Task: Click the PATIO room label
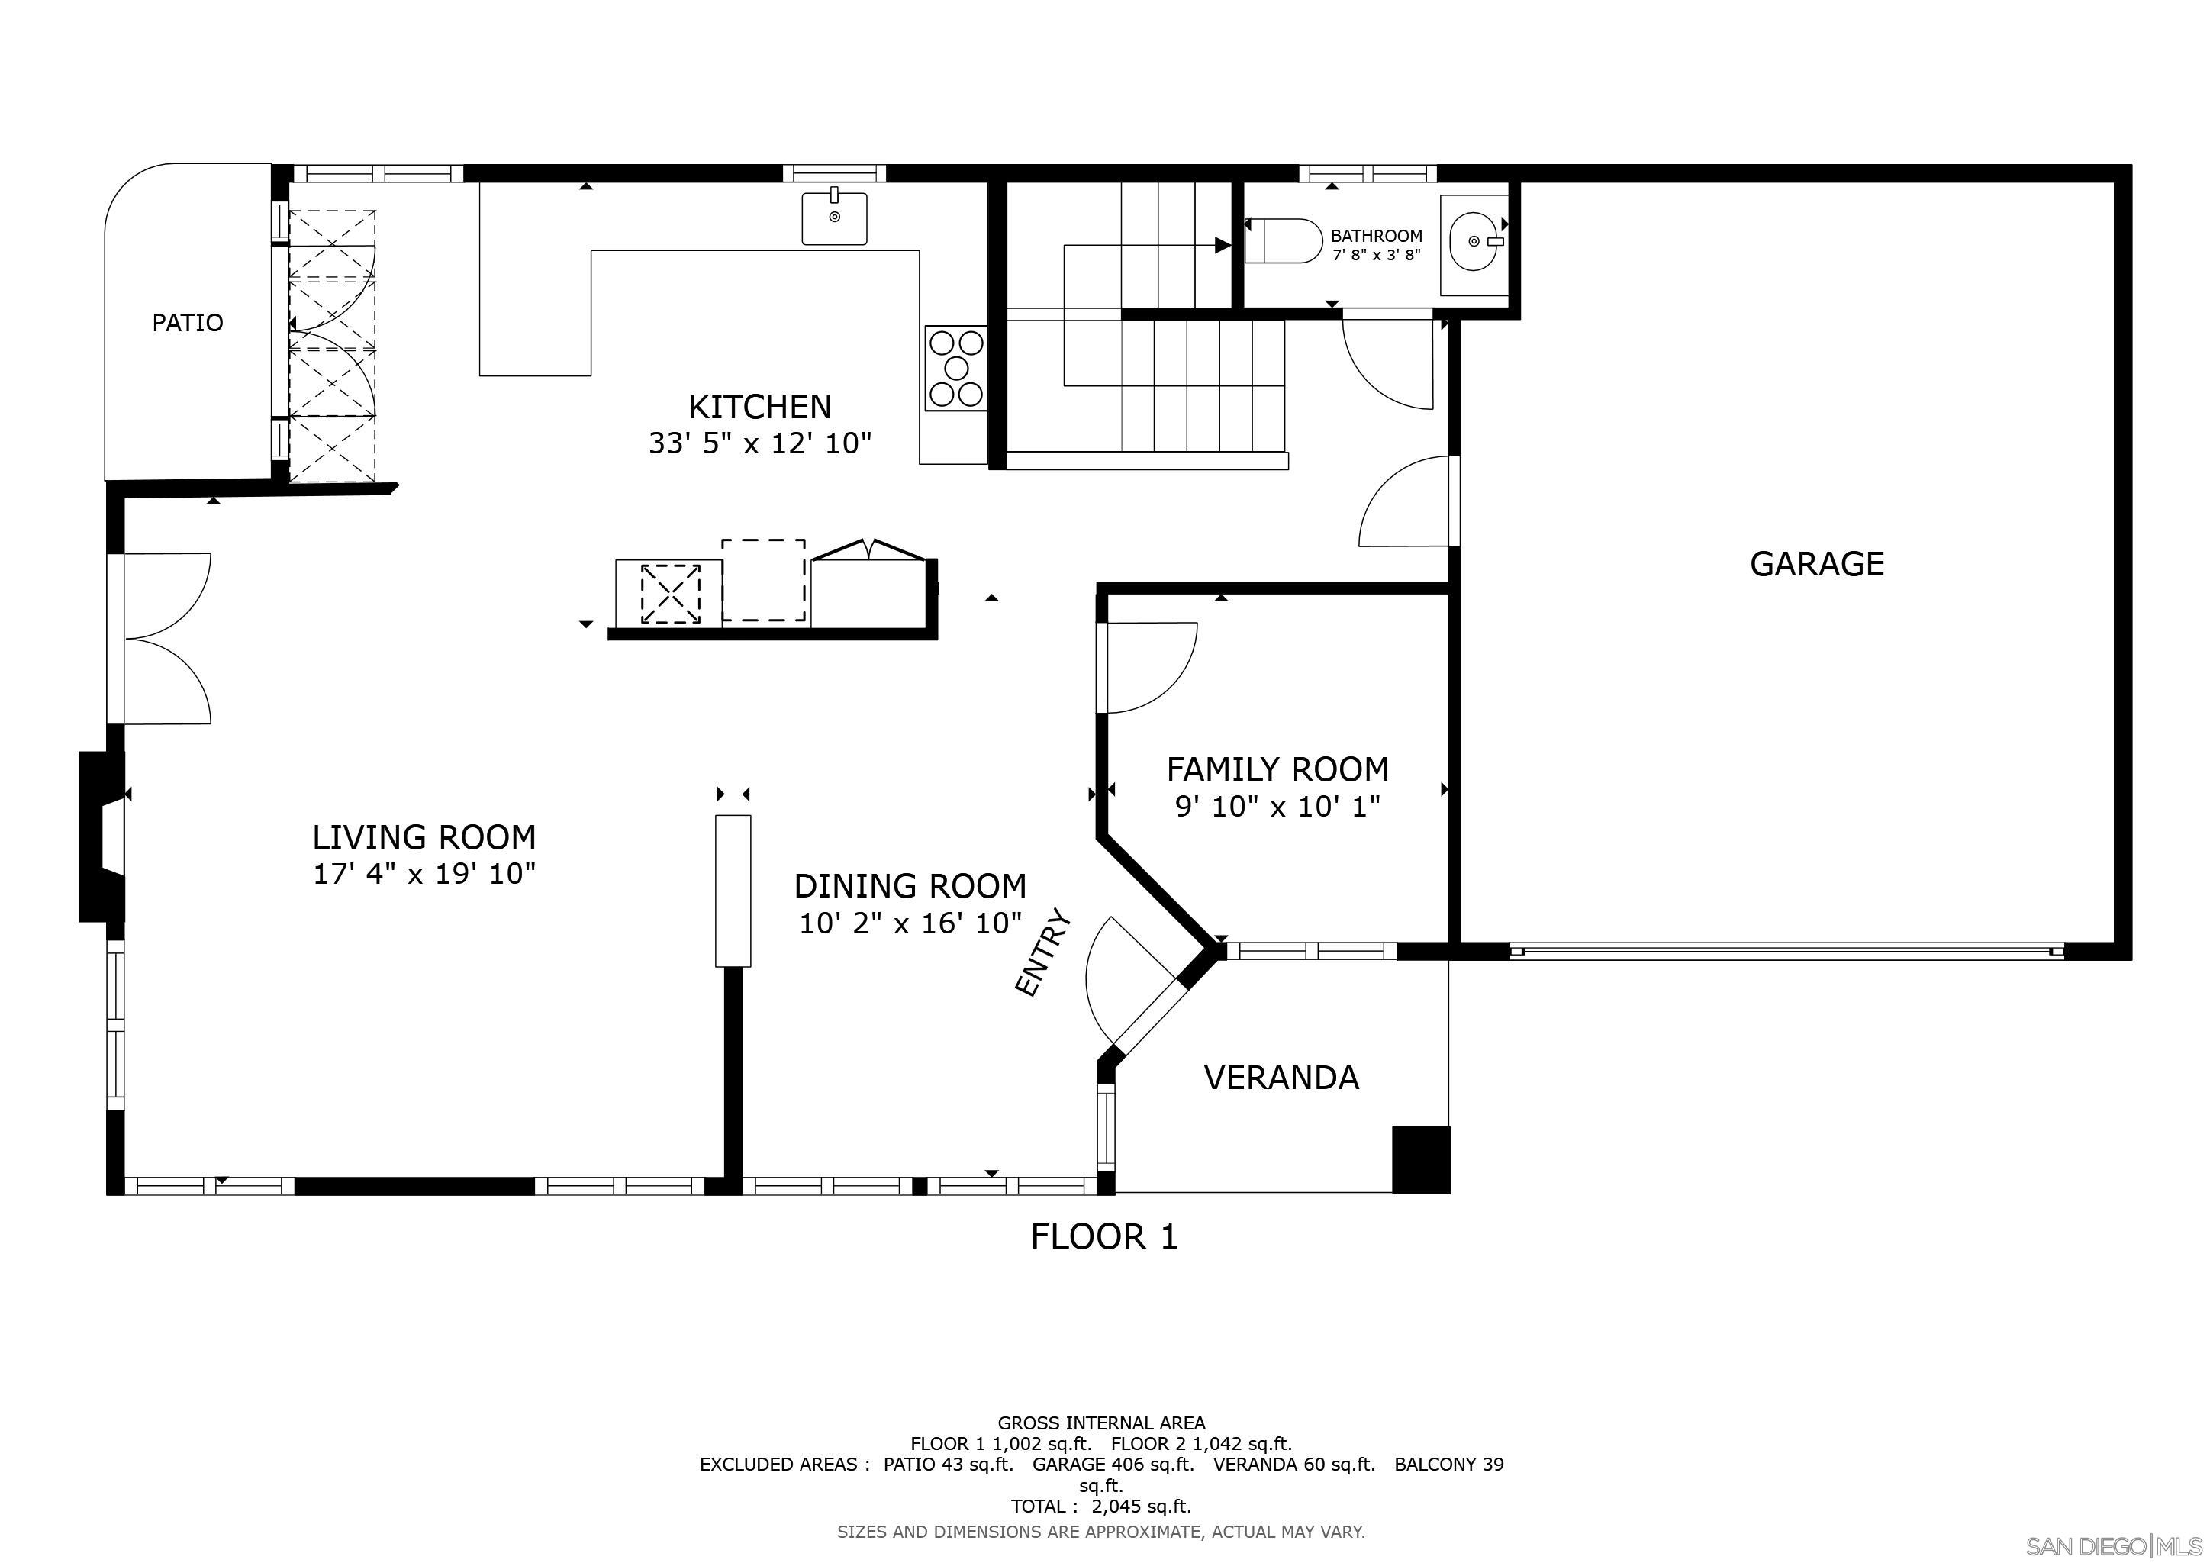click(x=188, y=322)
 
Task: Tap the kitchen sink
click(x=835, y=218)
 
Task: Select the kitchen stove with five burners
click(x=955, y=368)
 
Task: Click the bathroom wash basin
click(x=1473, y=242)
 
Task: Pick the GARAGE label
click(x=1816, y=564)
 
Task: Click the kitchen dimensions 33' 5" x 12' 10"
click(x=760, y=443)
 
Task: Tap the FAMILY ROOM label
click(x=1277, y=769)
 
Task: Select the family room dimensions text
click(x=1277, y=807)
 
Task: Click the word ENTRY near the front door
click(x=1043, y=952)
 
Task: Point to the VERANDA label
click(x=1281, y=1078)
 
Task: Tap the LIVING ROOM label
click(x=424, y=837)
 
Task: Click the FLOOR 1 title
click(x=1104, y=1236)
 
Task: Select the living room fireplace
click(x=101, y=836)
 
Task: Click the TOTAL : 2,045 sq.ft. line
click(x=1101, y=1507)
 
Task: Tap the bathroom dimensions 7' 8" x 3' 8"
click(x=1377, y=256)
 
